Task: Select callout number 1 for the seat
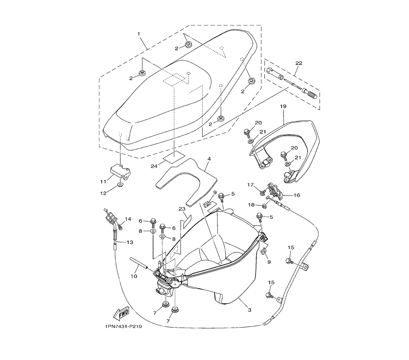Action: coord(139,34)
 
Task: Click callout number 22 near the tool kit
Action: coord(299,63)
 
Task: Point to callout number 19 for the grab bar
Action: coord(283,106)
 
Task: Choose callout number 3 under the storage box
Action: coord(249,310)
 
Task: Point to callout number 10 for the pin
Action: coord(134,277)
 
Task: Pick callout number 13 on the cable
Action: coord(129,242)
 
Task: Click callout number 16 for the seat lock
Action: coord(296,195)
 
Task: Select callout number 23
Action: coord(182,209)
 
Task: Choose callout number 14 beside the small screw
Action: coord(128,219)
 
